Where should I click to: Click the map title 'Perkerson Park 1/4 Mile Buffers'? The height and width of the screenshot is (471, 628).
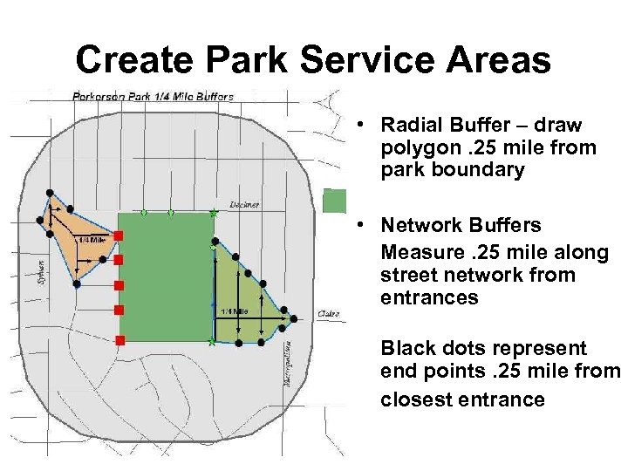tap(153, 97)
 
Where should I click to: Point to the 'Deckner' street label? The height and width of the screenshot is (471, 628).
tap(243, 204)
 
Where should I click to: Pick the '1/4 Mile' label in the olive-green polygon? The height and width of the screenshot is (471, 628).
tap(234, 311)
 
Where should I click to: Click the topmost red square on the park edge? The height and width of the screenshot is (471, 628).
tap(119, 236)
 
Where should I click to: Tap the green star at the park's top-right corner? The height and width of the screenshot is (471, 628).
tap(214, 213)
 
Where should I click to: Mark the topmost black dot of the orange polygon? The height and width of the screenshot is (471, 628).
tap(51, 192)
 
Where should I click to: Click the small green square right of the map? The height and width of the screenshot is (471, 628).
tap(334, 201)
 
